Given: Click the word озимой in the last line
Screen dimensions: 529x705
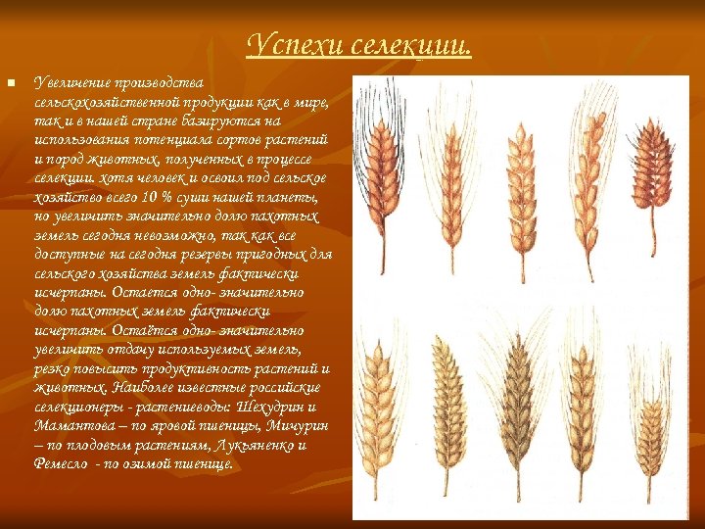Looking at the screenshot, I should [x=150, y=463].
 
